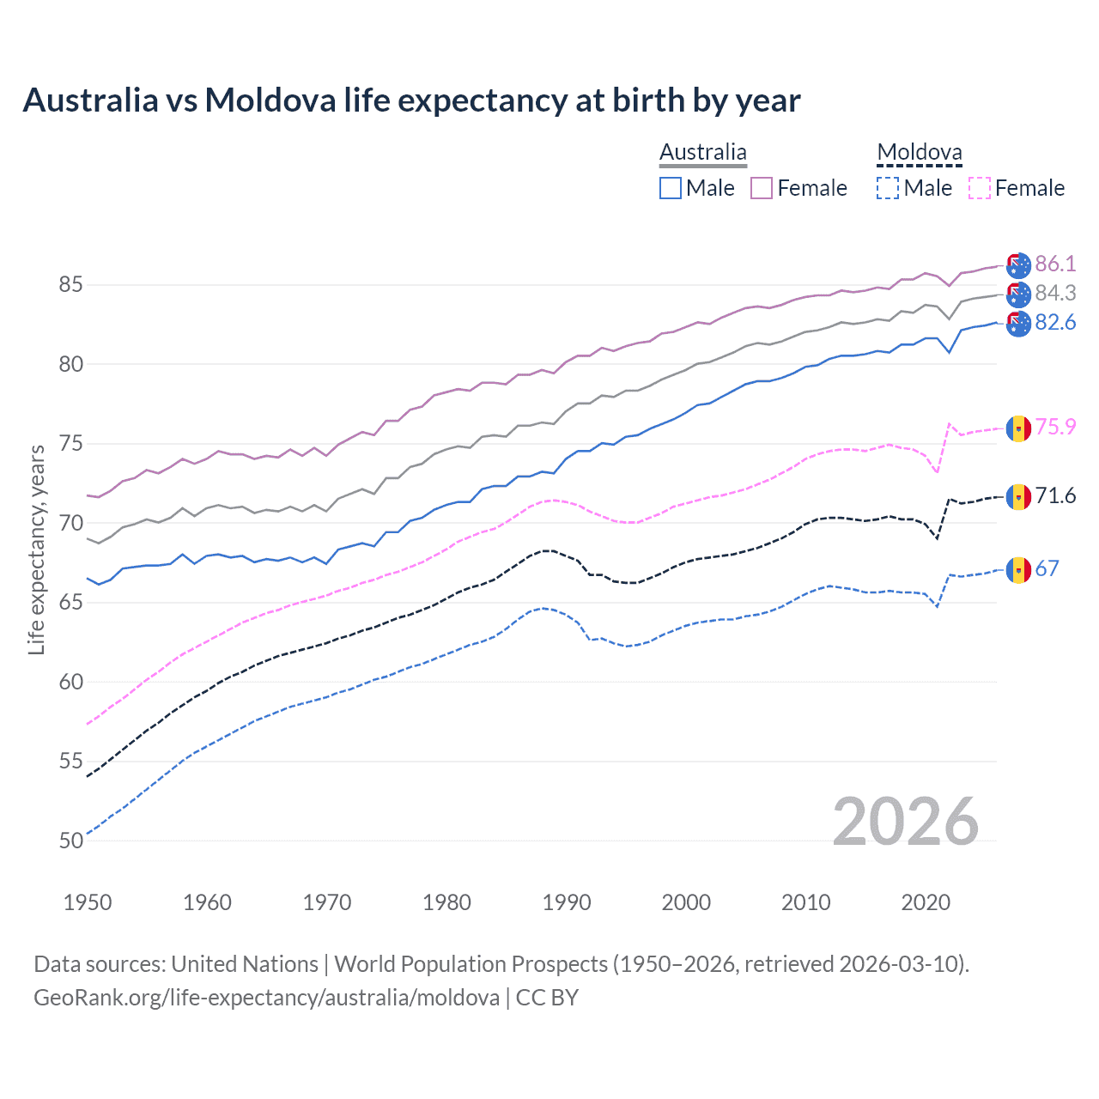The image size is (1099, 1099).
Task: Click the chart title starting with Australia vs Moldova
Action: (411, 100)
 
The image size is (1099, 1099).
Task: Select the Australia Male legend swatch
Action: (671, 188)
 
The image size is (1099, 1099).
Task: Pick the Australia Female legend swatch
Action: (762, 188)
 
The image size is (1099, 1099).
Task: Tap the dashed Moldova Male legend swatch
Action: (888, 188)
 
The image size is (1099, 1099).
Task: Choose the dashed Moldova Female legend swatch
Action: (979, 188)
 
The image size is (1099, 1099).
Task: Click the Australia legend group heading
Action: (703, 153)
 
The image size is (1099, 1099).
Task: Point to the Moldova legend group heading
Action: (920, 153)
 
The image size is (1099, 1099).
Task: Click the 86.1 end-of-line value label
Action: (1055, 264)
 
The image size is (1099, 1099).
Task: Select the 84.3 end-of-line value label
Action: (1055, 293)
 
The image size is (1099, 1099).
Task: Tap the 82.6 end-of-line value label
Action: (1055, 322)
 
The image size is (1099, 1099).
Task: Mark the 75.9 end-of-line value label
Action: (1055, 427)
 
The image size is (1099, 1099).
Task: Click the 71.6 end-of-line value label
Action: (1055, 495)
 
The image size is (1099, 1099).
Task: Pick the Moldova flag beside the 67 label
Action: (1018, 569)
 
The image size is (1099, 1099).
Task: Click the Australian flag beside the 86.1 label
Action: (1018, 265)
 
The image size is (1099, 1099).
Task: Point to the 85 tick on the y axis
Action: (71, 284)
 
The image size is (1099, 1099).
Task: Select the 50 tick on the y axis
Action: (71, 841)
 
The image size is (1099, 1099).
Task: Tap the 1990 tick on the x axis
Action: (567, 902)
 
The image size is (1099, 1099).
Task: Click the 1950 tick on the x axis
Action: (88, 902)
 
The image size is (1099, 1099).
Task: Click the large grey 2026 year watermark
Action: (906, 822)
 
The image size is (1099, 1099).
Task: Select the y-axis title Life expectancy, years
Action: (37, 549)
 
